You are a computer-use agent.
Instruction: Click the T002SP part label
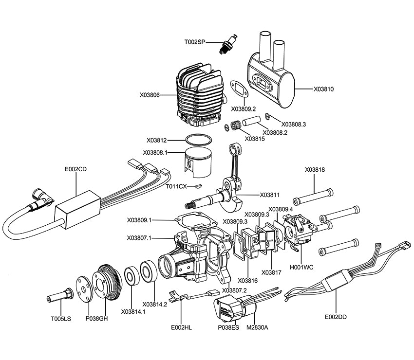coord(194,42)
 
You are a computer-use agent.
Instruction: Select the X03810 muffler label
coord(323,89)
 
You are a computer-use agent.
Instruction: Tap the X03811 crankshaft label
coord(269,195)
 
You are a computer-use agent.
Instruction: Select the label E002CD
coord(76,169)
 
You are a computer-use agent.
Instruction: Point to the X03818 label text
coord(315,170)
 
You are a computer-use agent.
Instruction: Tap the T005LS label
coord(61,319)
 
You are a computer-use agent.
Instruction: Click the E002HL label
coord(182,327)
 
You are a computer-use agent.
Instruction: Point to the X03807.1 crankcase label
coord(139,238)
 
